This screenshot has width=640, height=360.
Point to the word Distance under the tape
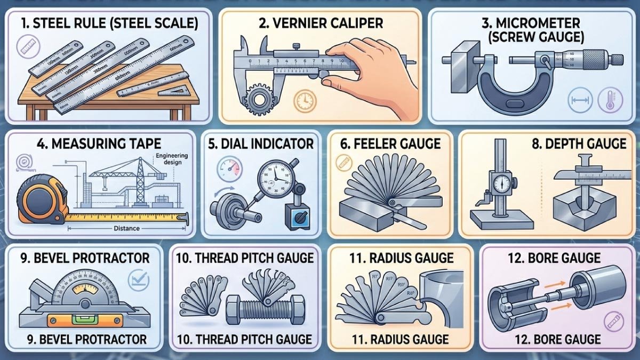[x=126, y=228]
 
